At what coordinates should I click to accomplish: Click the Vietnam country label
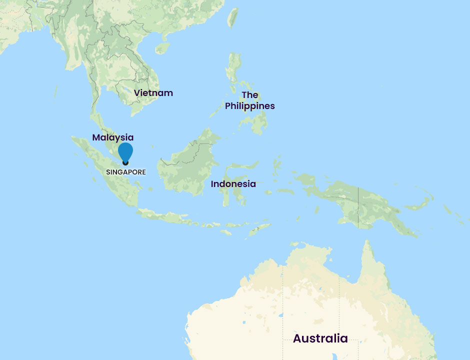point(153,93)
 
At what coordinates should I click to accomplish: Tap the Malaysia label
point(112,137)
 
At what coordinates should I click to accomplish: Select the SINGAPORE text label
point(125,171)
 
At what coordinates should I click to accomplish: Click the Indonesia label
point(233,184)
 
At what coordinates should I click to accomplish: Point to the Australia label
point(320,338)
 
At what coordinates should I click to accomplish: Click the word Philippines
point(249,106)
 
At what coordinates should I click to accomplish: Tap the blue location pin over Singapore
point(125,152)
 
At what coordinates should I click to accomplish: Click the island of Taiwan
point(232,17)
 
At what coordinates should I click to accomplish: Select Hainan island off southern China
point(162,48)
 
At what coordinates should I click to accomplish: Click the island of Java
point(165,216)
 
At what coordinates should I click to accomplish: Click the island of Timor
point(260,230)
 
